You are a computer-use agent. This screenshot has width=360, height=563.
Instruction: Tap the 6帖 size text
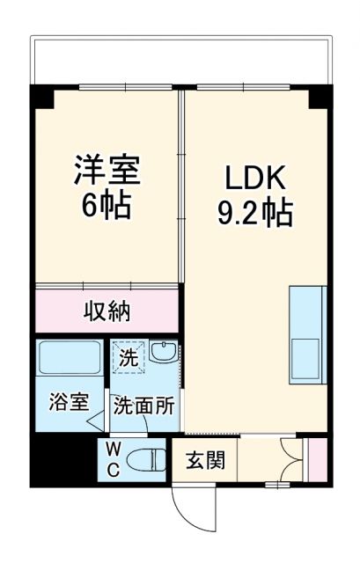tap(107, 207)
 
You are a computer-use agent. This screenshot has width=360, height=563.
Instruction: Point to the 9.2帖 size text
tap(255, 213)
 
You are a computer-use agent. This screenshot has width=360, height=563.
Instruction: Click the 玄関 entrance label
tap(204, 460)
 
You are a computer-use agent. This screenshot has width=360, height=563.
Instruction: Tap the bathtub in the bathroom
tap(70, 360)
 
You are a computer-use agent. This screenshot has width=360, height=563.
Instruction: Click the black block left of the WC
tap(62, 461)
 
